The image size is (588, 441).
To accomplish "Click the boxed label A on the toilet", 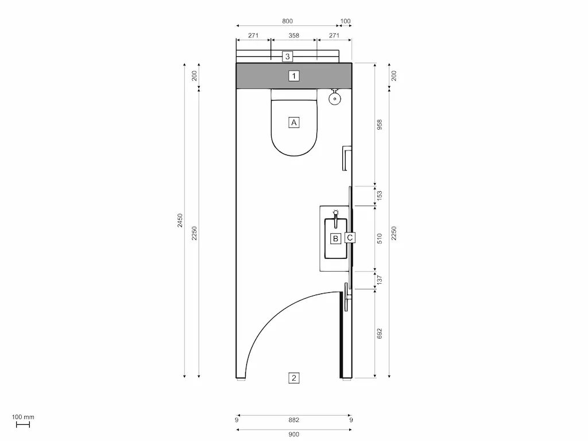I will click(x=294, y=122).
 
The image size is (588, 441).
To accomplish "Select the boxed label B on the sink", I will click(x=335, y=238).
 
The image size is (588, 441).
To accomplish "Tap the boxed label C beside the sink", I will click(x=350, y=237).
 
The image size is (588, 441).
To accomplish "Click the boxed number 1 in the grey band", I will click(x=294, y=76).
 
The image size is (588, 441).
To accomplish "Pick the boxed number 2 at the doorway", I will click(x=294, y=378).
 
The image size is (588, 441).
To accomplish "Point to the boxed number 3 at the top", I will click(x=288, y=56).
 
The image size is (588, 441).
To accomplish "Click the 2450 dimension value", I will click(x=180, y=220).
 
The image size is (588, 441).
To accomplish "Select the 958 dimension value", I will click(x=379, y=125).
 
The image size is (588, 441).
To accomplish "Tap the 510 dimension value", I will click(x=379, y=238).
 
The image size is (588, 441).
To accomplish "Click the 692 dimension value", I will click(x=379, y=334).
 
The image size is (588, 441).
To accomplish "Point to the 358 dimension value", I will click(x=294, y=36).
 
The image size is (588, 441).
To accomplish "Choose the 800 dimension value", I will click(x=287, y=21).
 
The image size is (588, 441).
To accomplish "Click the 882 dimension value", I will click(x=294, y=420).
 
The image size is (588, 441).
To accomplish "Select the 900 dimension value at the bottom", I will click(x=294, y=435).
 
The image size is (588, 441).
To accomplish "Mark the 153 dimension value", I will click(x=379, y=196).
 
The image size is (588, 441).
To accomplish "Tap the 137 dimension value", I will click(x=379, y=280).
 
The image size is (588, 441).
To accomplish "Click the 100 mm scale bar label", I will click(x=23, y=417).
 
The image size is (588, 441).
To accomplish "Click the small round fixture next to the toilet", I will click(x=335, y=99).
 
